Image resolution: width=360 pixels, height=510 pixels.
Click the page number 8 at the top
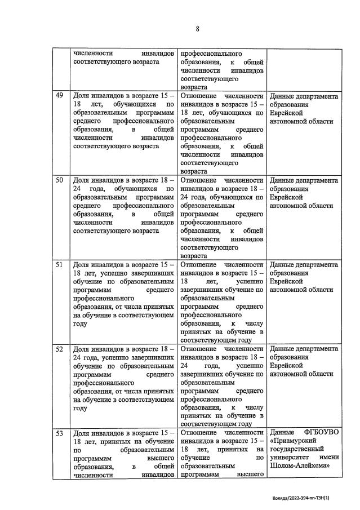[197, 29]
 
